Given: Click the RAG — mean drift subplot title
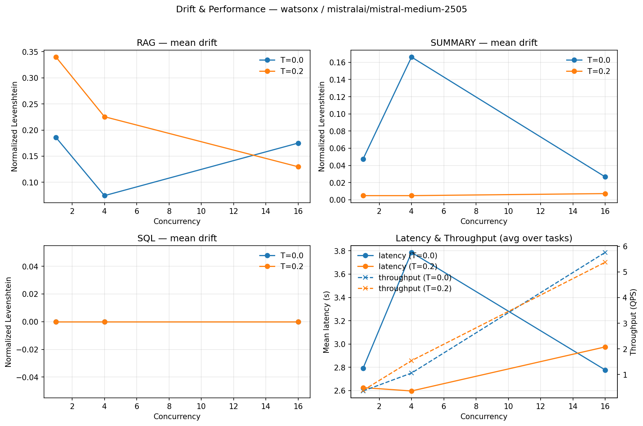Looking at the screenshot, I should pos(177,43).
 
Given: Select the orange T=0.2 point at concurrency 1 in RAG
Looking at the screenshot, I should pos(56,57).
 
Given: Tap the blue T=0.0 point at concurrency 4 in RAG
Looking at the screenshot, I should pos(105,196).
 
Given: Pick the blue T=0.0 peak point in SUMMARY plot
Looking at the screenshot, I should pos(411,57).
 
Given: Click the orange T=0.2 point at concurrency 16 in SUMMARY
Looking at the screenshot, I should pos(605,194).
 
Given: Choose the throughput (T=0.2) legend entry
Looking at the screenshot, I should pos(415,289).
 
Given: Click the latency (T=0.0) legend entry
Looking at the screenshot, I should pos(408,256).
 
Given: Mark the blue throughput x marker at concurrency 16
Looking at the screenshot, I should pos(605,252).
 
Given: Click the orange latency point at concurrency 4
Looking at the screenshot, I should pos(411,391).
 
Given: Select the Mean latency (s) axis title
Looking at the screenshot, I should pos(326,321).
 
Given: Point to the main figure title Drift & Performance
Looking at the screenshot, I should pos(321,9).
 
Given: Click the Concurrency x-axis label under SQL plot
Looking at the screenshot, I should pos(177,417).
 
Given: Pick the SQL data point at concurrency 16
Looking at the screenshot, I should pos(298,322).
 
